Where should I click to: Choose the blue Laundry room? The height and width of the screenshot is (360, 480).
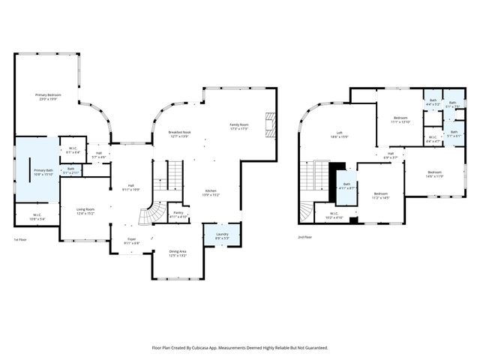click(x=223, y=236)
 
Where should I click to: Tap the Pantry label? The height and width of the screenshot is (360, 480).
click(x=178, y=214)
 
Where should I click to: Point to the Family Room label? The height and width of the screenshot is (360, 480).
click(x=238, y=127)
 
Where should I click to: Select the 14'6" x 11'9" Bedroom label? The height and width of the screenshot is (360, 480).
click(x=435, y=174)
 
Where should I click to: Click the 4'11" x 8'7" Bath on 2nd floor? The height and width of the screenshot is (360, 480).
click(x=346, y=186)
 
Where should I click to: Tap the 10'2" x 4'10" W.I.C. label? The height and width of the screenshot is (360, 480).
click(x=334, y=215)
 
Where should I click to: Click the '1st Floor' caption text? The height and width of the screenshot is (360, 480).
click(x=22, y=239)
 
